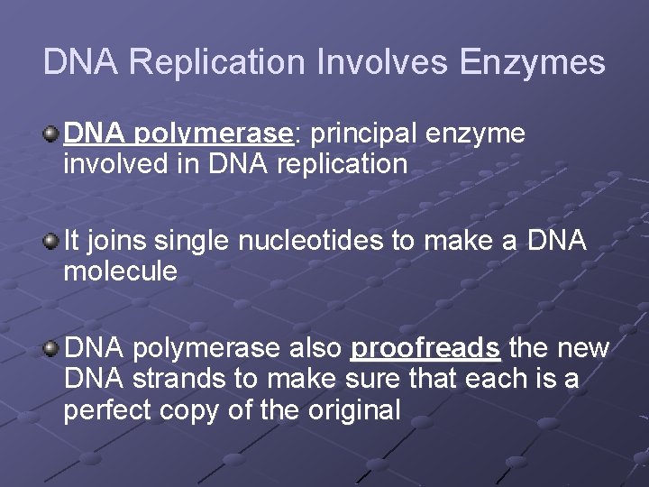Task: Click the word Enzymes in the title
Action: click(x=532, y=62)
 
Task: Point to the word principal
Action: click(x=362, y=134)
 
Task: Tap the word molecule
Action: click(x=120, y=271)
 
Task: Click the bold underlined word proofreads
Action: click(x=425, y=348)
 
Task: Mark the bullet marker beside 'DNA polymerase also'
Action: click(x=52, y=347)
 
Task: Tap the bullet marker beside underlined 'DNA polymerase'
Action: click(x=52, y=133)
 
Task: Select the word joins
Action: click(x=116, y=241)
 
